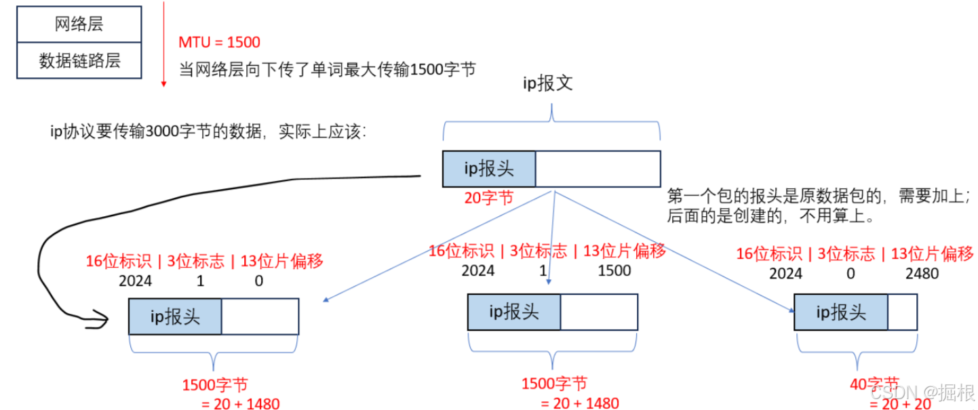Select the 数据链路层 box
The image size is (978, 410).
pos(79,61)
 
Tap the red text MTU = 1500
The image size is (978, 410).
pos(219,42)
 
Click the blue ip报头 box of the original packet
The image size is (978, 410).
pos(488,169)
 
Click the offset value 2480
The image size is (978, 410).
pos(922,274)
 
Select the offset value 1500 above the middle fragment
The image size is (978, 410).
pos(614,271)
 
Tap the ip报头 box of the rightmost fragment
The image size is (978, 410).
pos(840,312)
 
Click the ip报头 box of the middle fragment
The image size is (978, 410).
pos(513,311)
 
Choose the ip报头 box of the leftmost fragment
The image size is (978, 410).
pos(175,316)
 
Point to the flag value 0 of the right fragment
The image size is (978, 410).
pos(851,274)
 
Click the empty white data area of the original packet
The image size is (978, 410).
pos(598,169)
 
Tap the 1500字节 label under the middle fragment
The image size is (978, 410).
pos(554,384)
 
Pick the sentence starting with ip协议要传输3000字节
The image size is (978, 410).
pos(209,131)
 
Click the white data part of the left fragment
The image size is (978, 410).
pos(260,316)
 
